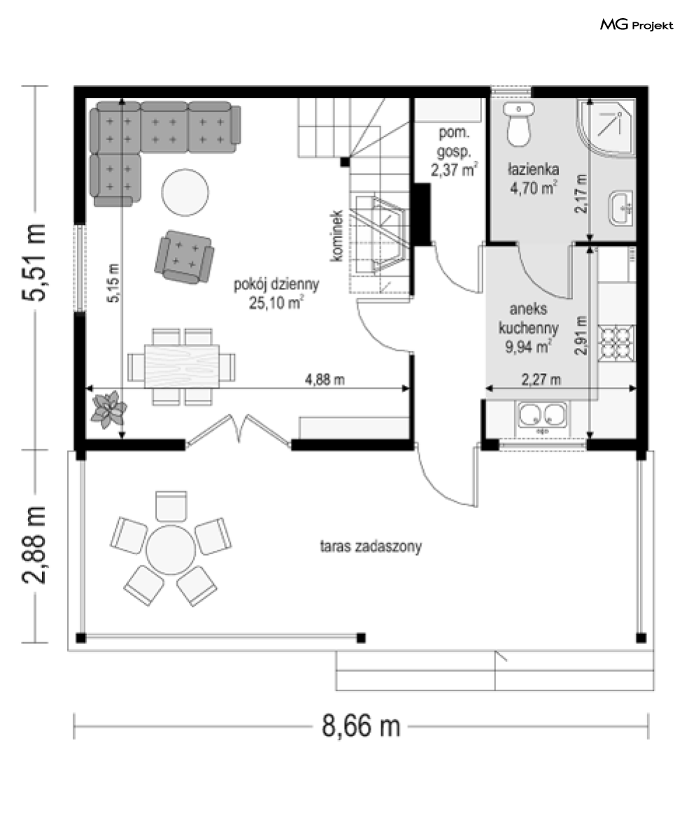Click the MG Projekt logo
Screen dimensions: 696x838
point(637,24)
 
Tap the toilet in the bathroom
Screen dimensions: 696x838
point(518,124)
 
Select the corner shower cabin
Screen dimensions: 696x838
point(606,128)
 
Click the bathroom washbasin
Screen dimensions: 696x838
point(622,208)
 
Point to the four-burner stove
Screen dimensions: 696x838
point(617,342)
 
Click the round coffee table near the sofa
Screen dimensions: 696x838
point(185,192)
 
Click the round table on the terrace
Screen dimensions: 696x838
point(171,550)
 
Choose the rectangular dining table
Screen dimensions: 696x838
point(182,366)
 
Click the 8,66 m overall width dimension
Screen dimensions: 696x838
point(361,726)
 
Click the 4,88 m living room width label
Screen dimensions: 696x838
point(325,380)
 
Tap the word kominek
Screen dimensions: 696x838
point(336,236)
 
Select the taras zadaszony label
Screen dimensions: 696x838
point(371,547)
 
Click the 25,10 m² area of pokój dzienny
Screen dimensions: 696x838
point(276,303)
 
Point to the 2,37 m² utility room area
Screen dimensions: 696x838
point(454,171)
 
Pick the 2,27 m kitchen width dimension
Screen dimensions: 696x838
point(541,380)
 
